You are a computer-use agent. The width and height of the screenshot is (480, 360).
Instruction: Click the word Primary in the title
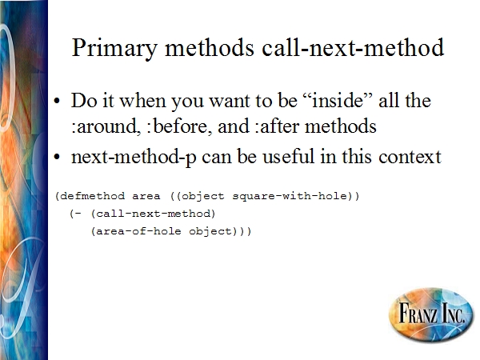tap(114, 48)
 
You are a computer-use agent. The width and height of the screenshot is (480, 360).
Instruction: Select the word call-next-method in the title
tap(353, 47)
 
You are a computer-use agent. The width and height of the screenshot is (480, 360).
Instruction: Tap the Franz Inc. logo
tap(431, 314)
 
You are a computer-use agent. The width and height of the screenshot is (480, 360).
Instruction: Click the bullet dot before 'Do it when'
tap(57, 101)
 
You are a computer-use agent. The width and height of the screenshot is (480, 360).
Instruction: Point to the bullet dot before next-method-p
tap(57, 157)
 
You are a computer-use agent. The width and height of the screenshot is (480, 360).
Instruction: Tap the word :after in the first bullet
tap(277, 126)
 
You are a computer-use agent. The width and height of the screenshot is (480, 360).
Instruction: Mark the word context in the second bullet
tap(410, 157)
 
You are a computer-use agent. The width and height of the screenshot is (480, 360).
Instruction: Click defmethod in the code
tap(93, 196)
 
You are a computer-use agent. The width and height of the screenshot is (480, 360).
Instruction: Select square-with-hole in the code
tap(290, 196)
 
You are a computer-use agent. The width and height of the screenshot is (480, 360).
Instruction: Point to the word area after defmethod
tap(146, 197)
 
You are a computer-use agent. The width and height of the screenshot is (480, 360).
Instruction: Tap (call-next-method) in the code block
tap(153, 214)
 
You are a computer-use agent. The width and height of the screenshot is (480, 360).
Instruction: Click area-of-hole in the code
tap(138, 231)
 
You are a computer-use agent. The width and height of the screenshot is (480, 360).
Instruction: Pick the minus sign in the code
tap(78, 214)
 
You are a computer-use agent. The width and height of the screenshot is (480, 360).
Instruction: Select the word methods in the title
tap(210, 48)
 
